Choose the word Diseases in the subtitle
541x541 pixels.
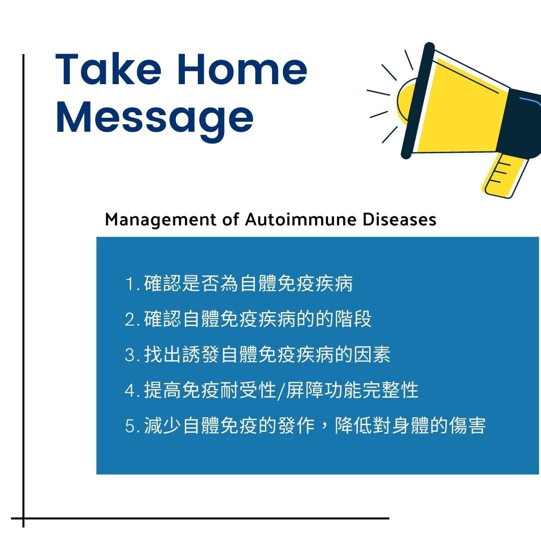(400, 219)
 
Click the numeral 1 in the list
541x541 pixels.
(130, 284)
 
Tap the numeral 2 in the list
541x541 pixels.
(130, 320)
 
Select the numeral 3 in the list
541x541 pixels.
(130, 355)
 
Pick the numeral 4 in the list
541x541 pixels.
(130, 391)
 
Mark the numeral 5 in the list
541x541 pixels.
(130, 426)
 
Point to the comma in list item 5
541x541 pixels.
(324, 430)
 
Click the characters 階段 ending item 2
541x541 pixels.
(353, 319)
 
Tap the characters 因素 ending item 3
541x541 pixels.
(372, 355)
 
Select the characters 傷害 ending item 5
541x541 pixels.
(467, 425)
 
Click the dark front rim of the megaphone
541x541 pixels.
(417, 100)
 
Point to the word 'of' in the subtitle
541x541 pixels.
(230, 219)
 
